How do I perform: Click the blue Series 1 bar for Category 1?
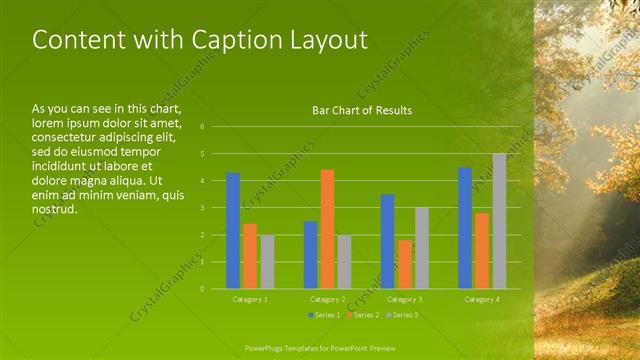coord(233,231)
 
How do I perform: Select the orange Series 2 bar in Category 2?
coord(327,229)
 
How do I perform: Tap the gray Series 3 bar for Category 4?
coord(499,221)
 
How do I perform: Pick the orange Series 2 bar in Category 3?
coord(405,264)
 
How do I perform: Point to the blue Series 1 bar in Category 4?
coord(465,228)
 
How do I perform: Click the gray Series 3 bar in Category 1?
coord(267,262)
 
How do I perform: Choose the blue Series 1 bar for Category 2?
coord(310,255)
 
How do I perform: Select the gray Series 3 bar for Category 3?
coord(422,248)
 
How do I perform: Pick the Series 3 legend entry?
coord(402,315)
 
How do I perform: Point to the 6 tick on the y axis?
coord(202,127)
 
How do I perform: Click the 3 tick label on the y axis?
coord(202,208)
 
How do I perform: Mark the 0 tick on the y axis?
coord(202,289)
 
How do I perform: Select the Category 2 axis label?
coord(327,299)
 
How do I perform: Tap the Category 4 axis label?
coord(482,299)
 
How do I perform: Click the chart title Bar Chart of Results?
coord(362,110)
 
